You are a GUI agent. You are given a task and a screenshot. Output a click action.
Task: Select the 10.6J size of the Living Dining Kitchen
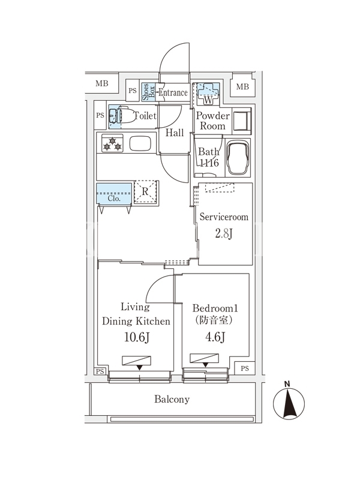137,337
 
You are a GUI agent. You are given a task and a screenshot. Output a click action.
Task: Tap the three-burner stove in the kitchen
112,144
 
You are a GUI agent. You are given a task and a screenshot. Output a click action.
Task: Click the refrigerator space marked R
145,191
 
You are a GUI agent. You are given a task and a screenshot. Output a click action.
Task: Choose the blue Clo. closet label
114,197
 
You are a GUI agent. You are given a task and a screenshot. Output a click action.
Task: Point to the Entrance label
173,93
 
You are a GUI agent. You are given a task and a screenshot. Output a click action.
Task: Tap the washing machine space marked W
208,91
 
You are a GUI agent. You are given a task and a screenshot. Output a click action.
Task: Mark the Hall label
175,133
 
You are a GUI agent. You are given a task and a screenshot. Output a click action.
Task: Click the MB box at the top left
102,84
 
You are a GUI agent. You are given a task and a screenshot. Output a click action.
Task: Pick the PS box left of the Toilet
100,115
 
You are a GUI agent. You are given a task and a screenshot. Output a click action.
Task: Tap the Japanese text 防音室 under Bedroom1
215,321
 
